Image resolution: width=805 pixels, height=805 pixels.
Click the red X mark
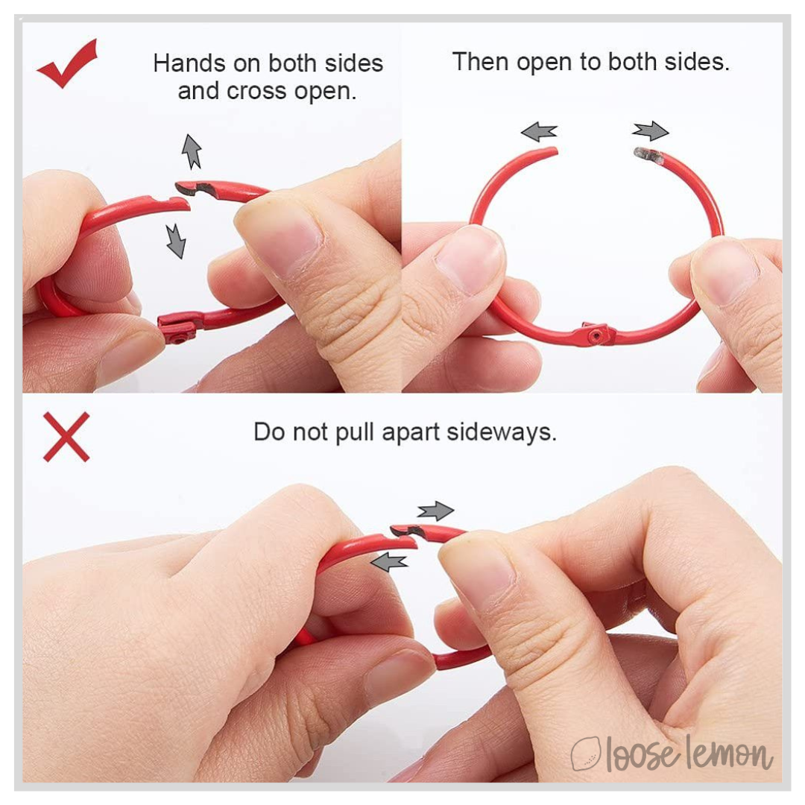pos(66,437)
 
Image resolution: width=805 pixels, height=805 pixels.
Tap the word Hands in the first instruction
pos(189,63)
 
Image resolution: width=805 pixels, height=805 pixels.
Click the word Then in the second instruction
pos(481,62)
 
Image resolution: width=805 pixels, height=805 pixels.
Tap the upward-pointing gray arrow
pos(192,152)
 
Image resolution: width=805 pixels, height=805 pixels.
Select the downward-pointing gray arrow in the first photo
pos(176,241)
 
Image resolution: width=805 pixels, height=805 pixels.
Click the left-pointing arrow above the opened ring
pos(539,132)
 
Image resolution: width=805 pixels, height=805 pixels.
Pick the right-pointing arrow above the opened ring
pos(651,131)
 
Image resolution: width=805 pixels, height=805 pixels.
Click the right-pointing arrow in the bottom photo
pos(435,511)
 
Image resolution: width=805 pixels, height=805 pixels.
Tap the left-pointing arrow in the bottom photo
pos(388,562)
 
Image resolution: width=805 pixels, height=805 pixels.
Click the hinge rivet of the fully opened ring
pos(596,336)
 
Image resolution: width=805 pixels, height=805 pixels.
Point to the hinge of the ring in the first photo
pos(177,329)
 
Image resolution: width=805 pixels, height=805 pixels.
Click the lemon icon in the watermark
pos(587,754)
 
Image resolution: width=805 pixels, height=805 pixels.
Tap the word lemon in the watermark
pos(729,753)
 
